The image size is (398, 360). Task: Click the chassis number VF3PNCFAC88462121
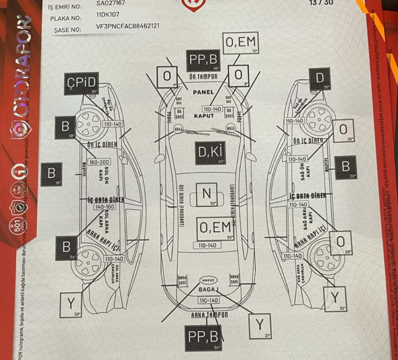pos(128,26)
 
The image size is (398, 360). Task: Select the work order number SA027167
pos(111,3)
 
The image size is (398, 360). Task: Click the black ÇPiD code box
pos(81,83)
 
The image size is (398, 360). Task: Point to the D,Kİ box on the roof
pos(211,152)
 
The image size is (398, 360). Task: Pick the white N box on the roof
pos(206,194)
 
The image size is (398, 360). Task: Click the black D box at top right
pos(320,79)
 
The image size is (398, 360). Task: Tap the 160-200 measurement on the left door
pos(99,162)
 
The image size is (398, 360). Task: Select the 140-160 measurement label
pos(104,207)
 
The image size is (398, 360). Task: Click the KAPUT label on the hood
pos(204,116)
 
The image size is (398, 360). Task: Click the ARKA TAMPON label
pos(209,315)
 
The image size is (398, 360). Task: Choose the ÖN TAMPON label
pos(201,76)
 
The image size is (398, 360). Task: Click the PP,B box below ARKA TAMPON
pos(203,337)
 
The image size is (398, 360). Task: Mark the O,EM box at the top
pos(240,43)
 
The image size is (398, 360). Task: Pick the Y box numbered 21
pos(260,325)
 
